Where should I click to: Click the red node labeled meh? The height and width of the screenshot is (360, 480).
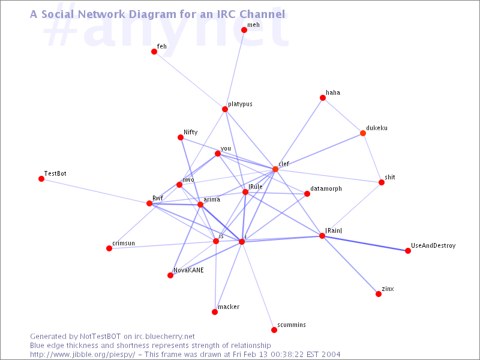click(x=244, y=30)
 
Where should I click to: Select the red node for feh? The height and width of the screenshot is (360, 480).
click(x=154, y=52)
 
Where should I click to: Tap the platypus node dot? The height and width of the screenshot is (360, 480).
click(x=225, y=109)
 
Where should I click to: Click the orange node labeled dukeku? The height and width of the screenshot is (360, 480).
click(x=363, y=133)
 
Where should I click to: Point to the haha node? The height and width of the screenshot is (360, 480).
click(x=323, y=98)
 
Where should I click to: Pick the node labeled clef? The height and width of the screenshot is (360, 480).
click(x=275, y=169)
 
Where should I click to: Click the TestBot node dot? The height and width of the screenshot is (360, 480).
click(x=41, y=179)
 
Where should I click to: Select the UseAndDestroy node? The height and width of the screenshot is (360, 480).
click(x=408, y=251)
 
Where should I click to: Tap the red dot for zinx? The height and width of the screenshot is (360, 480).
click(x=379, y=294)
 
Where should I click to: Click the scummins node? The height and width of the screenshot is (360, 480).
click(x=274, y=330)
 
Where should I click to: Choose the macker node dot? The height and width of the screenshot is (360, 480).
click(x=215, y=312)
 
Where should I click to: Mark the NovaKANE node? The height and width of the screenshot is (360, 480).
click(x=170, y=275)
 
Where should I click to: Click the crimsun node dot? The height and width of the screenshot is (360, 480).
click(x=109, y=248)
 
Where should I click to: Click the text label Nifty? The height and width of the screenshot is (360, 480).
click(x=190, y=132)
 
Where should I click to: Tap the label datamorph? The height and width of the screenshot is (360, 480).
click(x=326, y=188)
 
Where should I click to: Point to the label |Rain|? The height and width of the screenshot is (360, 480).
click(x=334, y=230)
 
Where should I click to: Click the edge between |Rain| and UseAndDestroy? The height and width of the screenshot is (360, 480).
click(x=365, y=244)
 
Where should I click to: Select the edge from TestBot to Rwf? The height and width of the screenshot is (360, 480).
click(x=95, y=191)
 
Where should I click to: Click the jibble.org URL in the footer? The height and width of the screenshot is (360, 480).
click(x=83, y=355)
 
